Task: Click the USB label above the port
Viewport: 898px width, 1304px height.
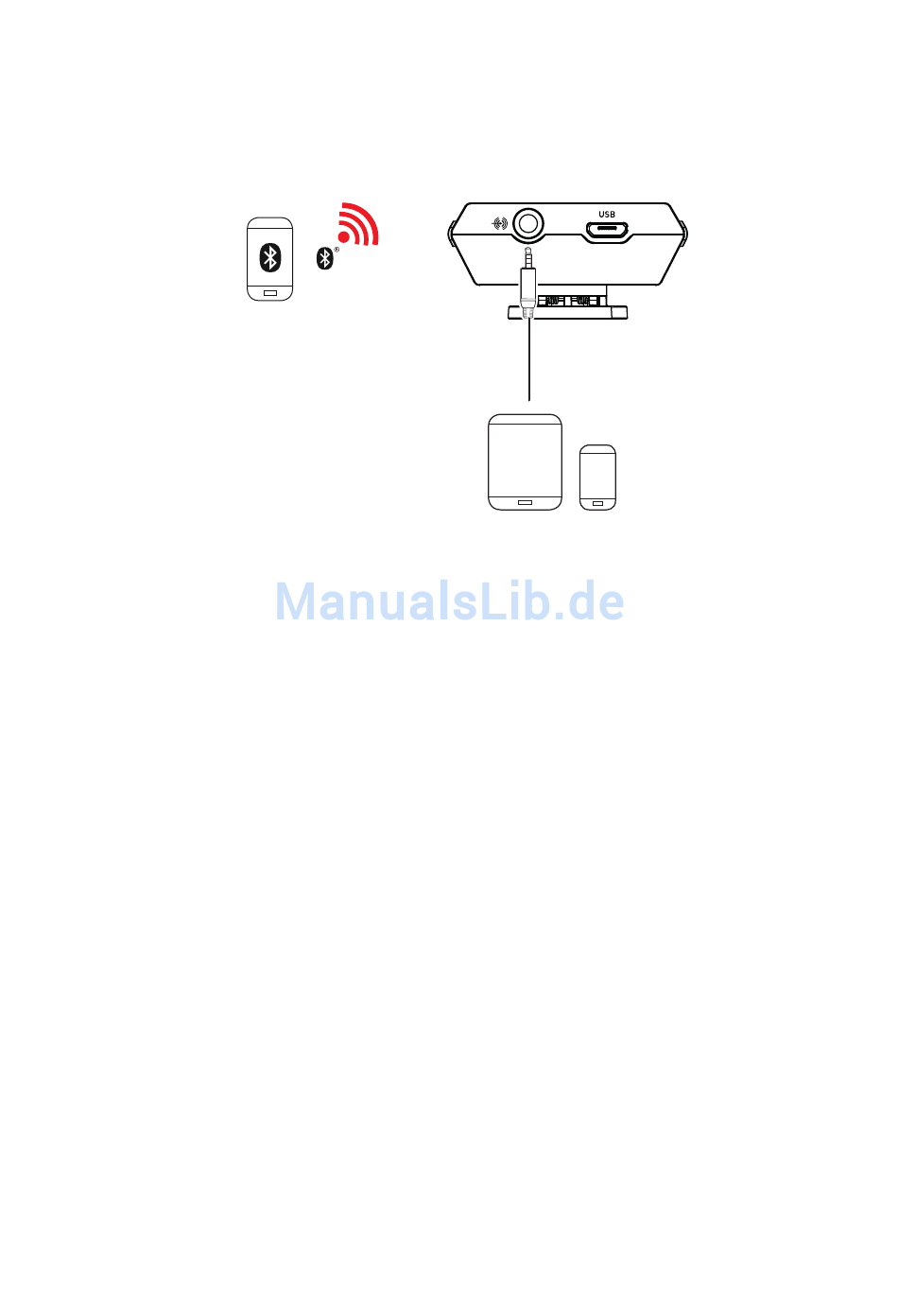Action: click(x=607, y=214)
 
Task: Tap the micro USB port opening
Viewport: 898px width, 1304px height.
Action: click(x=607, y=229)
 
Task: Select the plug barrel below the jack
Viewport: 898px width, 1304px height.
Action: click(x=528, y=284)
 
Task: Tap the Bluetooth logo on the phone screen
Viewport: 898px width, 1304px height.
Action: click(x=270, y=256)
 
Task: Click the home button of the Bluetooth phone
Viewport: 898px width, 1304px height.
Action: click(x=270, y=293)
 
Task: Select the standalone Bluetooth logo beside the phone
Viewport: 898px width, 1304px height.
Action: click(x=324, y=258)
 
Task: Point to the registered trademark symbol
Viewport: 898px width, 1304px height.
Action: click(x=337, y=250)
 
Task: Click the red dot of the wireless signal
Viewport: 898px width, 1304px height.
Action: click(x=346, y=239)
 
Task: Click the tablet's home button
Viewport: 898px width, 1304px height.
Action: click(x=525, y=502)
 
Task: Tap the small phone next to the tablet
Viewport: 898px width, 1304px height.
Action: click(x=597, y=473)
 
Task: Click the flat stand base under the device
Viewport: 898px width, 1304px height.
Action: click(x=567, y=313)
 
